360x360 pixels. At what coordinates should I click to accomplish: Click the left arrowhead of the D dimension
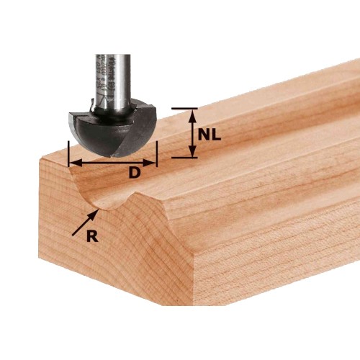[72, 163]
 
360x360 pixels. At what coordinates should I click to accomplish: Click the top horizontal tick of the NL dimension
[184, 109]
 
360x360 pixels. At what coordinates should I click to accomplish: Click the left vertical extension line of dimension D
[68, 154]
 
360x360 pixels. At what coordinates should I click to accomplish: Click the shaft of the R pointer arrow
[83, 223]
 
